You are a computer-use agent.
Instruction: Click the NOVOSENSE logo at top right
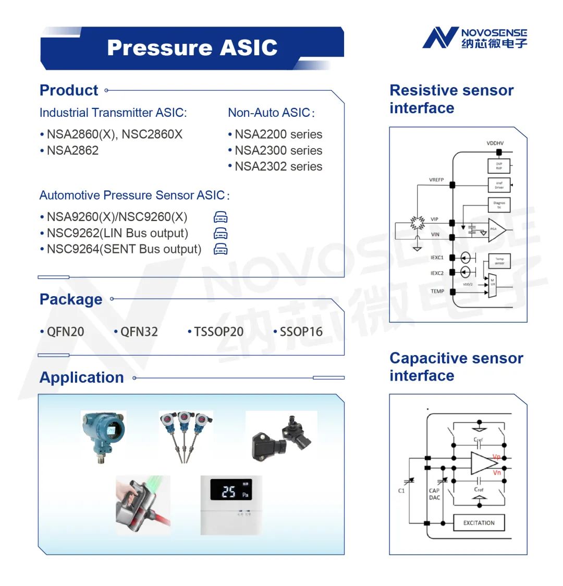coord(474,39)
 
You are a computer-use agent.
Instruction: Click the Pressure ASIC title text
coord(192,48)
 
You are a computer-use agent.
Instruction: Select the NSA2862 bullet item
coord(72,151)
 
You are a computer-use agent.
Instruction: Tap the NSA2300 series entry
coord(278,151)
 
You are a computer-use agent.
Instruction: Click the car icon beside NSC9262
coord(221,233)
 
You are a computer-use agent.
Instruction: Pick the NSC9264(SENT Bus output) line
coord(124,249)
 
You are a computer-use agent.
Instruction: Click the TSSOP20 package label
coord(218,332)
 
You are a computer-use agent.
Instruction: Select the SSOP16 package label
coord(301,332)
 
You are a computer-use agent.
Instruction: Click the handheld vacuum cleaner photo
coord(142,505)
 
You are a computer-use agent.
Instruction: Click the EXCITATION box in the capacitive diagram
coord(479,522)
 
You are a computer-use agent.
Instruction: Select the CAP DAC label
coord(434,494)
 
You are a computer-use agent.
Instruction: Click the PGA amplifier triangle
coord(496,229)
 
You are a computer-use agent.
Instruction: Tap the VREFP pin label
coord(436,180)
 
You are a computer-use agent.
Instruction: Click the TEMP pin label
coord(437,291)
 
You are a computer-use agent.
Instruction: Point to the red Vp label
coord(496,457)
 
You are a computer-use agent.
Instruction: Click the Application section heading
coord(82,377)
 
